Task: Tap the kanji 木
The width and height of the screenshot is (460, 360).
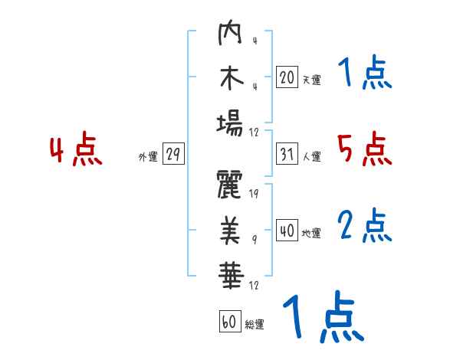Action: click(231, 80)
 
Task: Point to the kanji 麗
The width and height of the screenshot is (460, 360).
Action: click(231, 185)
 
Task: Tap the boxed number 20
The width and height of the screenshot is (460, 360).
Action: click(287, 77)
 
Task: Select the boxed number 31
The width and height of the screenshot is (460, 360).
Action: click(287, 154)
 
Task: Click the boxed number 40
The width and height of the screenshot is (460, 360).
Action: click(287, 231)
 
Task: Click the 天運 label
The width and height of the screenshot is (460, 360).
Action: click(310, 79)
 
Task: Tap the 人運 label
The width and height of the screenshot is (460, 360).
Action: click(311, 156)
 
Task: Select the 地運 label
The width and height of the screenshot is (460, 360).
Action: click(311, 233)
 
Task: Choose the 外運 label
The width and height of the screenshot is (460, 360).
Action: click(147, 156)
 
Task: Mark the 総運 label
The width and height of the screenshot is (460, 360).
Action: click(255, 324)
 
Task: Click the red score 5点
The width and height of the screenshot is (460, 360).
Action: click(365, 149)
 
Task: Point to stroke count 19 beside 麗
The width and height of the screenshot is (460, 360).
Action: click(254, 194)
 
